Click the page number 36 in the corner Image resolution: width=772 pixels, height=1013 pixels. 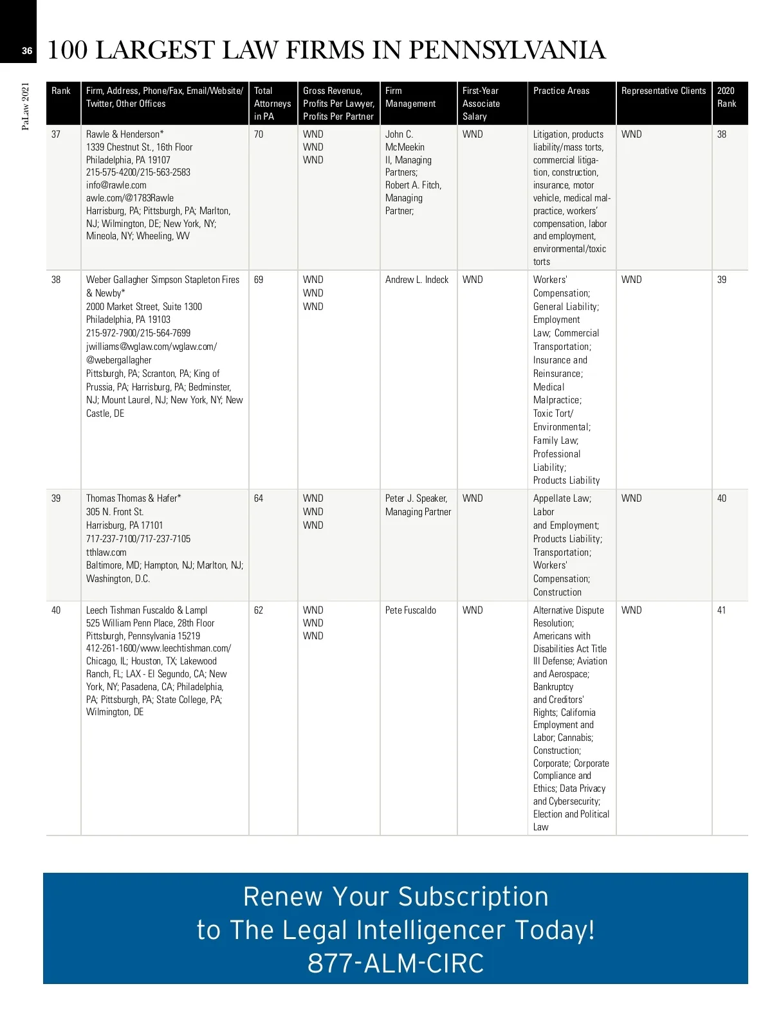pyautogui.click(x=26, y=51)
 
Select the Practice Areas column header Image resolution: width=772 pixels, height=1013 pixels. pyautogui.click(x=561, y=91)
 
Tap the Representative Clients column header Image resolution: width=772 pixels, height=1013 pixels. pyautogui.click(x=663, y=91)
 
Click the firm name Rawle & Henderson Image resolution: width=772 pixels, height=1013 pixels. pyautogui.click(x=125, y=134)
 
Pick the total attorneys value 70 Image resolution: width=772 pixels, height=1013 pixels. pyautogui.click(x=259, y=134)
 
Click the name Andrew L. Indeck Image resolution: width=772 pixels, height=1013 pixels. pyautogui.click(x=417, y=280)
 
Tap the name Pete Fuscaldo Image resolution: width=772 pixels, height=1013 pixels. pyautogui.click(x=410, y=610)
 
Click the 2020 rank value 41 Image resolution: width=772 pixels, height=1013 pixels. pyautogui.click(x=721, y=610)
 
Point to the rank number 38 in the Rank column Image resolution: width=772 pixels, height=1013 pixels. pyautogui.click(x=56, y=280)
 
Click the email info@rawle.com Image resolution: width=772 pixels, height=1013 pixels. pyautogui.click(x=116, y=185)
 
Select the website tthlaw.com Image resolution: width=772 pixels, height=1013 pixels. pyautogui.click(x=106, y=552)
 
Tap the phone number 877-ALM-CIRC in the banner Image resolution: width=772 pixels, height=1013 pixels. pyautogui.click(x=396, y=963)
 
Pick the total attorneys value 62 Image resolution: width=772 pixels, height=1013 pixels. pyautogui.click(x=259, y=610)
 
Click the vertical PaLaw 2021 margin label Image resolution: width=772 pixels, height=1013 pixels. pyautogui.click(x=26, y=106)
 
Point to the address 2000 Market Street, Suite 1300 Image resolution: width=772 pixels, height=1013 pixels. pyautogui.click(x=144, y=307)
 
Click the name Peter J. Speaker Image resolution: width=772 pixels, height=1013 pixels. pyautogui.click(x=416, y=498)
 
